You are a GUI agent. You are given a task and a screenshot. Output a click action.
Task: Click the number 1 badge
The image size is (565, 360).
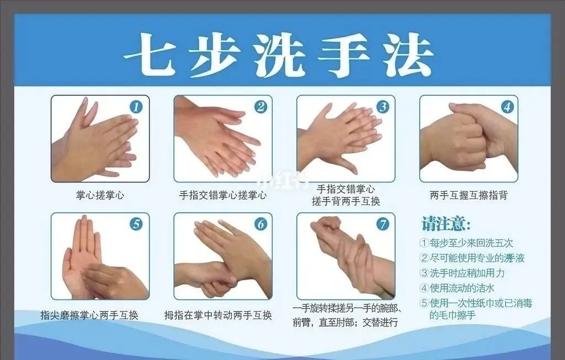136,107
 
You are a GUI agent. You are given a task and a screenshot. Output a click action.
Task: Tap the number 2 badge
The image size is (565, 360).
260,107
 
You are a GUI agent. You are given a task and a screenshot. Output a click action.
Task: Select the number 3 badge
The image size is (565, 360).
383,107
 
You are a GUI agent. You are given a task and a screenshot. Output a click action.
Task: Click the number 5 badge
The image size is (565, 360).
136,224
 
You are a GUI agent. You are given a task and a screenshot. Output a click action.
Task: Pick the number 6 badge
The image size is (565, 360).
260,224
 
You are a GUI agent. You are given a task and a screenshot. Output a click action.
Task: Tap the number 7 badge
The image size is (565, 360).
383,224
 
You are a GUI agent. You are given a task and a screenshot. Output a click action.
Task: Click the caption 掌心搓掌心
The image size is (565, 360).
100,195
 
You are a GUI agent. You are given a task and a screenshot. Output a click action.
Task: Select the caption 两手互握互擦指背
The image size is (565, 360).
469,195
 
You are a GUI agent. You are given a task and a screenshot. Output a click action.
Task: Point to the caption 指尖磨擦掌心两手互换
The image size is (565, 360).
89,315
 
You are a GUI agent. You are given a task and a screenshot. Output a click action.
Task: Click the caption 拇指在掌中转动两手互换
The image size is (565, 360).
218,315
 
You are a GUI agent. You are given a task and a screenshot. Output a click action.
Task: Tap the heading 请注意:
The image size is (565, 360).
446,224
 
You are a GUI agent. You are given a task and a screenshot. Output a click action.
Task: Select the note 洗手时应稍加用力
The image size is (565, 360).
462,273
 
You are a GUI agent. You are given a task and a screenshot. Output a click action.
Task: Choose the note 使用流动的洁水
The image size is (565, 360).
457,288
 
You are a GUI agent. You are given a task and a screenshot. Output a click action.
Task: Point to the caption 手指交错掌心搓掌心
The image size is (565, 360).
223,195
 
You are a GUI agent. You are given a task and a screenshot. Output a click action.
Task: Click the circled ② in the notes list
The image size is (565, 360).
424,258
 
